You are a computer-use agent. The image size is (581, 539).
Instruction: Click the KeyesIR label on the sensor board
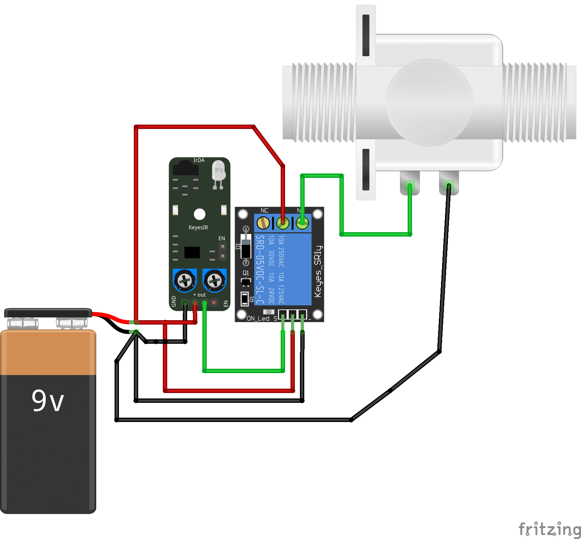[198, 227]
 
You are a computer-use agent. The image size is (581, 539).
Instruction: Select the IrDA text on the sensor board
[199, 160]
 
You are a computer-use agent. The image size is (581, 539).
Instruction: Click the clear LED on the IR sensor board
[218, 171]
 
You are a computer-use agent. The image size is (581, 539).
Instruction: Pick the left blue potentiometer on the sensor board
[185, 280]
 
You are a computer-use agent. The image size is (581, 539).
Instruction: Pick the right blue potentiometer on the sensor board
[214, 280]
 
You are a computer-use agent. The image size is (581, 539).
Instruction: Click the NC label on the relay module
[264, 210]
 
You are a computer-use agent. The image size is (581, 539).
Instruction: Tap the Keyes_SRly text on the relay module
[318, 271]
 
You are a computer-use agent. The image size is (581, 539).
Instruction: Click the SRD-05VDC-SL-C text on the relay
[260, 269]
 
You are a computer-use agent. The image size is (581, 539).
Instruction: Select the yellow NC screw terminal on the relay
[263, 223]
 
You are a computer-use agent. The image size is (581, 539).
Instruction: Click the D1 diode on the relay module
[246, 247]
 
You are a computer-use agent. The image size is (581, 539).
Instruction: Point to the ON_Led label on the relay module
[258, 318]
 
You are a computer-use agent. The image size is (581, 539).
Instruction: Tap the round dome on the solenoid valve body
[429, 103]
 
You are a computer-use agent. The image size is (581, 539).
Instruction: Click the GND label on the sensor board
[174, 301]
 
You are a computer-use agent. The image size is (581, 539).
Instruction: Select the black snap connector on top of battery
[48, 313]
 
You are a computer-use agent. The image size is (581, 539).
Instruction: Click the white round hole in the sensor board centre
[199, 214]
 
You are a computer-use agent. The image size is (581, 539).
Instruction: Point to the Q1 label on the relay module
[246, 273]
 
